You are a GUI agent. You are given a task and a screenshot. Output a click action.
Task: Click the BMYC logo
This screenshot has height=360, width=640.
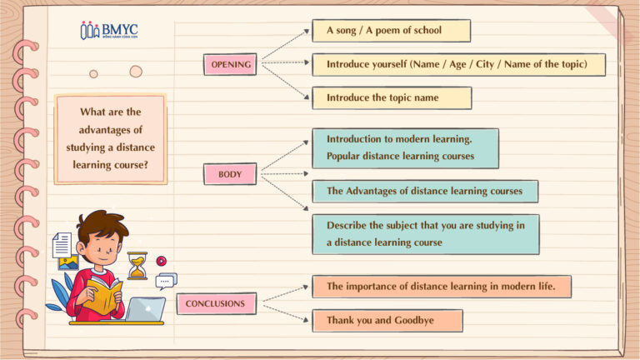(x=109, y=30)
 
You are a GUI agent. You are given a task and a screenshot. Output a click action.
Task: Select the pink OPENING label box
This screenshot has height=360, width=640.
(x=230, y=64)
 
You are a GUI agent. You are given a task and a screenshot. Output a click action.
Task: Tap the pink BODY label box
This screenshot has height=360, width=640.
(x=230, y=174)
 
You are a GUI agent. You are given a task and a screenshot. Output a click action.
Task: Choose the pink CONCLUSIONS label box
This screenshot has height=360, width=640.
(x=217, y=303)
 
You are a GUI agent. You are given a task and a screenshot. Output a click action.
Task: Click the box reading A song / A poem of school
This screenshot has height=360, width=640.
(x=391, y=30)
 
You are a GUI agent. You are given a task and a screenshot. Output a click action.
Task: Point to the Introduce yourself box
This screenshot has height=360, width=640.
(x=459, y=64)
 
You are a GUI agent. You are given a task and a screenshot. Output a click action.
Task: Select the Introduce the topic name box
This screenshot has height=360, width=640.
(x=392, y=98)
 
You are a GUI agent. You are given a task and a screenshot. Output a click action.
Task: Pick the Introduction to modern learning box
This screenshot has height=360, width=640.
(x=405, y=148)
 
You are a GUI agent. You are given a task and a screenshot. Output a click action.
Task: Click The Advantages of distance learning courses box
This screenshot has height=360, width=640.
(x=425, y=191)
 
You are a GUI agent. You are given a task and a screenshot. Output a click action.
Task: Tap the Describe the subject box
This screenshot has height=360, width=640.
(x=426, y=234)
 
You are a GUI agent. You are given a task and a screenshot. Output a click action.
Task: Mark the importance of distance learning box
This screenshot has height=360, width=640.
(x=442, y=287)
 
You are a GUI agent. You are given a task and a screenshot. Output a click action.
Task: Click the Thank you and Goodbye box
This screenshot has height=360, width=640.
(x=387, y=320)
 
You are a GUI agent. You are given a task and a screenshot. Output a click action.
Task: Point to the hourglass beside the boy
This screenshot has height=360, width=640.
(x=137, y=266)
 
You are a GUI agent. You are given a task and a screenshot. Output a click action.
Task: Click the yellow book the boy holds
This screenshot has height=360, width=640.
(x=102, y=296)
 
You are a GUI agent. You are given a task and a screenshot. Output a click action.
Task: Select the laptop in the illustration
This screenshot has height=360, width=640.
(x=145, y=309)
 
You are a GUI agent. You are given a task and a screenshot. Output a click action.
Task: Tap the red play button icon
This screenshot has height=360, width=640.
(x=161, y=261)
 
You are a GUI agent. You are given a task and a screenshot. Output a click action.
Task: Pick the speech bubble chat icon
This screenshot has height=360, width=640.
(x=166, y=281)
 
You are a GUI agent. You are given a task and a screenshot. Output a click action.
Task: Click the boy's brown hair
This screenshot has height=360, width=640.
(x=101, y=225)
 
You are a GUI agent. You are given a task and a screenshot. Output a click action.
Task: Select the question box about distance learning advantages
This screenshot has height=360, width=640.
(x=111, y=139)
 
